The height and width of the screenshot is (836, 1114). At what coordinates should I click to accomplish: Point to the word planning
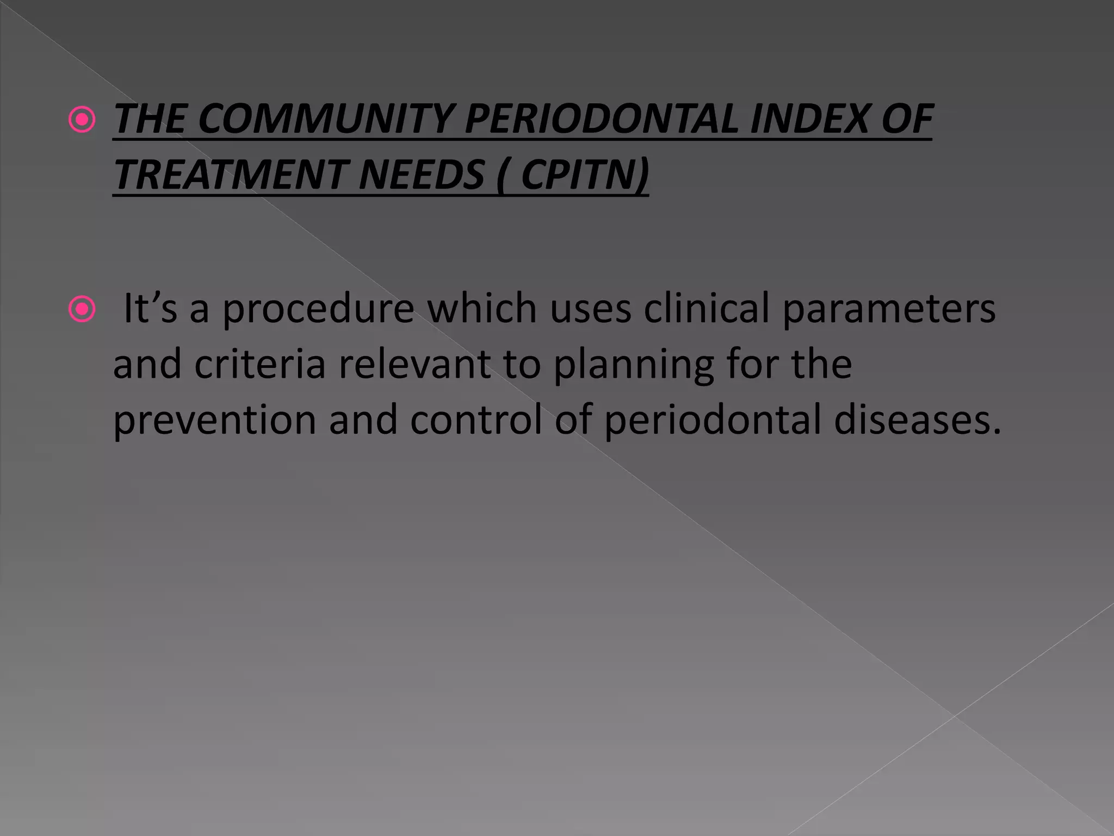pyautogui.click(x=634, y=366)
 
